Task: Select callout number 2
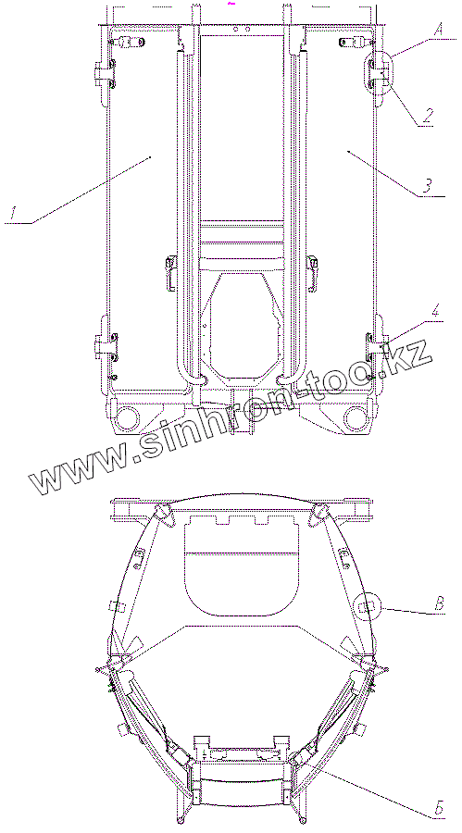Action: click(x=427, y=117)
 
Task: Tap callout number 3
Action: click(x=428, y=186)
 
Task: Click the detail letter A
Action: click(x=438, y=30)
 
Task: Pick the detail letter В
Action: click(x=439, y=604)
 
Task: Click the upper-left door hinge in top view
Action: click(x=105, y=73)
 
